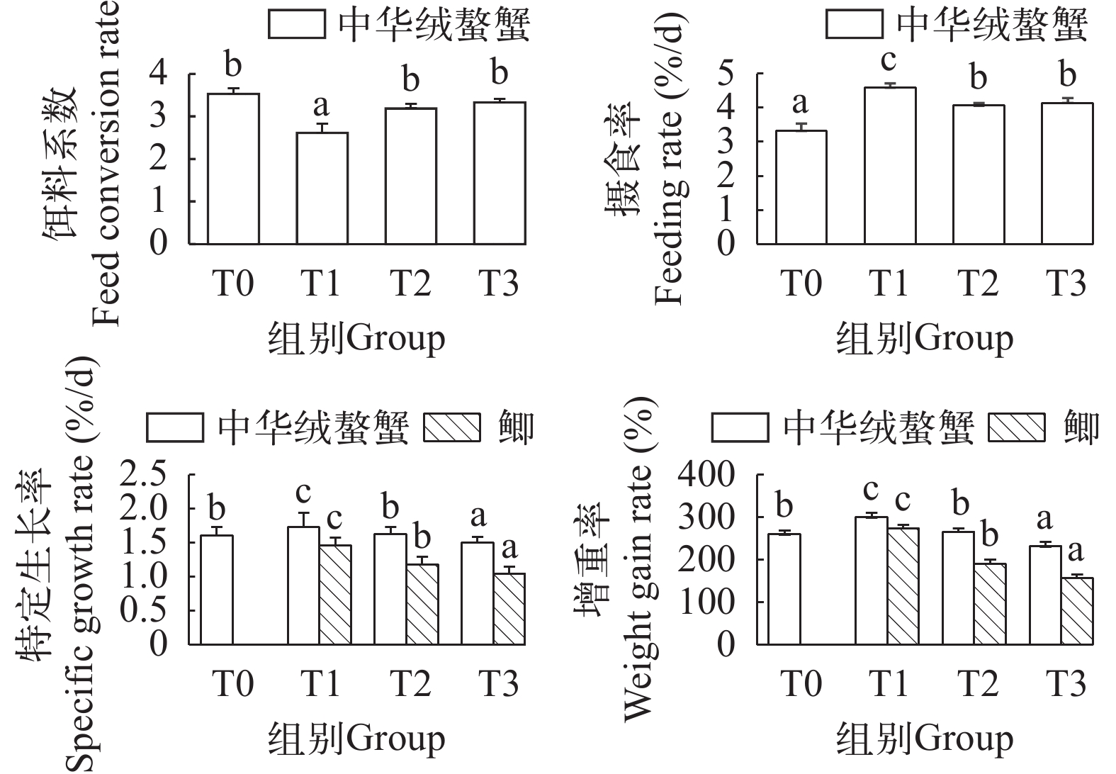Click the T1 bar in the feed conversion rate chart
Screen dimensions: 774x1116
pyautogui.click(x=321, y=188)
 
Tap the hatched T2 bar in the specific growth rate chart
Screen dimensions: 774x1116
pyautogui.click(x=422, y=604)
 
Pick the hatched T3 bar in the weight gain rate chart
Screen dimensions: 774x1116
pyautogui.click(x=1076, y=610)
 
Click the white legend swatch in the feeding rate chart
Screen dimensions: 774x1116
pyautogui.click(x=855, y=26)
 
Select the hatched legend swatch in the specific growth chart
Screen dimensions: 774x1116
pyautogui.click(x=451, y=428)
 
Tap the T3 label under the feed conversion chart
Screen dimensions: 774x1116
pyautogui.click(x=500, y=284)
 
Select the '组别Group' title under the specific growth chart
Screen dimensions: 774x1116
pyautogui.click(x=356, y=739)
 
